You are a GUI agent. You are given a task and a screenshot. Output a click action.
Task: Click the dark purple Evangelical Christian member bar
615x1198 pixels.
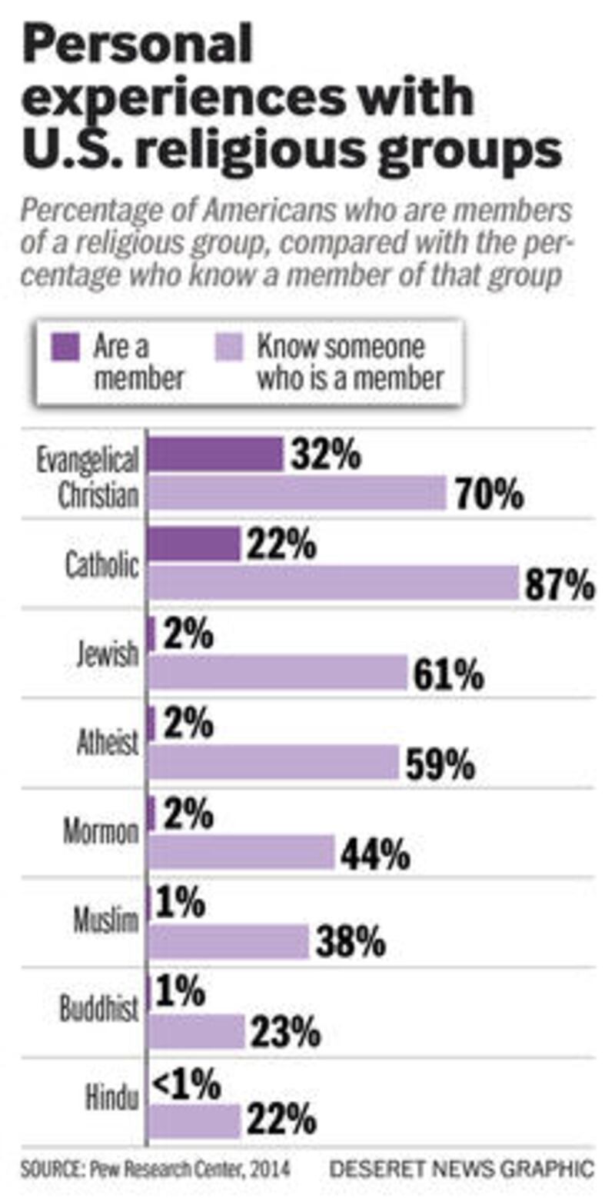(214, 454)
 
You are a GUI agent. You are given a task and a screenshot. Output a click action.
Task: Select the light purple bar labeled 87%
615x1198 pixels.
(334, 582)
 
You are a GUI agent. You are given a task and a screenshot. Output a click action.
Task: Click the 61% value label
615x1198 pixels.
(449, 675)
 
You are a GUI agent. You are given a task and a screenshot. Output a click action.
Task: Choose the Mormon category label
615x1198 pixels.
(101, 833)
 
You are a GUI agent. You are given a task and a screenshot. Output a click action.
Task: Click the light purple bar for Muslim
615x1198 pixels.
(228, 942)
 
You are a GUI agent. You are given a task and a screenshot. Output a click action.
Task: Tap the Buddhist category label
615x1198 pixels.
(100, 1010)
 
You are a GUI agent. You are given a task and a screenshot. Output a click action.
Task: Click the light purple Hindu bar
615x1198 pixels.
(194, 1121)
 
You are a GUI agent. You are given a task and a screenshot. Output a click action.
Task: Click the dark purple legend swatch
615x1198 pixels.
(65, 346)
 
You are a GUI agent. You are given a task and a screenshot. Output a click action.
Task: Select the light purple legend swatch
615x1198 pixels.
(228, 346)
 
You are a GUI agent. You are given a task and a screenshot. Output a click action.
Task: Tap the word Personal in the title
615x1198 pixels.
(138, 45)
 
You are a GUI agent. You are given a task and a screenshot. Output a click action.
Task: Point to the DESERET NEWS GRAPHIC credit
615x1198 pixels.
(461, 1170)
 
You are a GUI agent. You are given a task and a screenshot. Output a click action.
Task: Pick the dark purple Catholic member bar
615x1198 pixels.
(193, 544)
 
